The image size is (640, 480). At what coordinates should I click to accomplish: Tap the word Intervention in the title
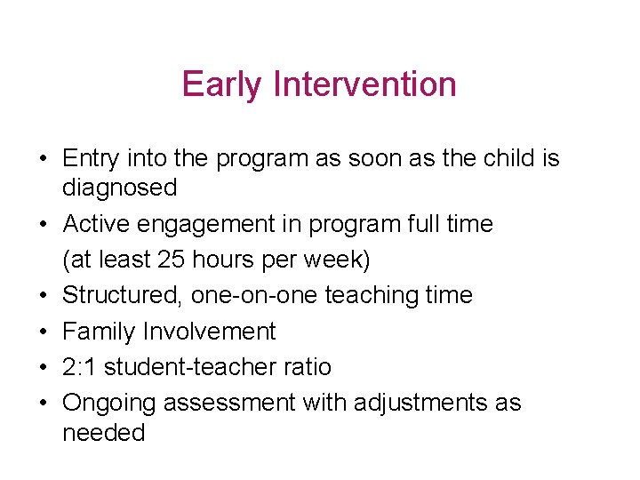coord(365,84)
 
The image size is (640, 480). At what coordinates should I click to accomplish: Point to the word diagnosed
coord(119,188)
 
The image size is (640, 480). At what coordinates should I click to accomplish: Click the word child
coord(509,158)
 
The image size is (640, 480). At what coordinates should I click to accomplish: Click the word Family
coord(97,332)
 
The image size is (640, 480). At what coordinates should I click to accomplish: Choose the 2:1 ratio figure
coord(82,367)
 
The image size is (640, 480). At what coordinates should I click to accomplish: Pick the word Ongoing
coord(110,404)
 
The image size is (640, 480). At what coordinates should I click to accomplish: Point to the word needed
coord(103,433)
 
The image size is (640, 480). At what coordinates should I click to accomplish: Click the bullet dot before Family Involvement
coord(43,332)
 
